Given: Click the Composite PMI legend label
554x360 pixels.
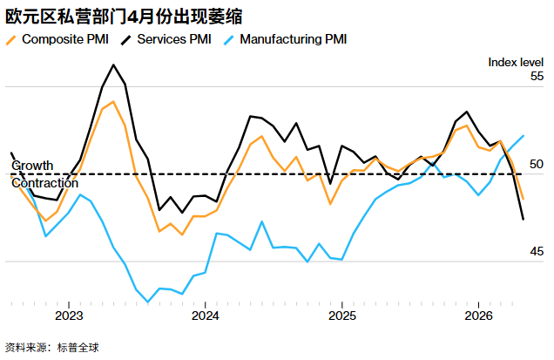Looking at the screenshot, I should pos(65,39).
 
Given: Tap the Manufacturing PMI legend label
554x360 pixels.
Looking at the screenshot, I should pos(293,39).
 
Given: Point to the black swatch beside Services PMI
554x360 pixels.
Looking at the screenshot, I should pos(126,39).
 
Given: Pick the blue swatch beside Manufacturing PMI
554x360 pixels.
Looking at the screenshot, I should pos(228,39).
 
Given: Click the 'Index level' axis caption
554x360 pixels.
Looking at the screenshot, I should pos(516,61).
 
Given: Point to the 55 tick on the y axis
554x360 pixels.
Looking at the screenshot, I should pos(537,76).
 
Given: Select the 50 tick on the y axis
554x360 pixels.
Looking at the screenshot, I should pos(537,164).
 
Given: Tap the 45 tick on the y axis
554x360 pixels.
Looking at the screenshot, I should pos(537,251).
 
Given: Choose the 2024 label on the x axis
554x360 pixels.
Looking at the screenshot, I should pos(205,316).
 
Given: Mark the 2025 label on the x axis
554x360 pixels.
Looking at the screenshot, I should pos(341,316).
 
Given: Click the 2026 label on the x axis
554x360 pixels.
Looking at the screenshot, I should pos(478,316).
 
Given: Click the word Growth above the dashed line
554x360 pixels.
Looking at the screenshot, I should pos(32,166).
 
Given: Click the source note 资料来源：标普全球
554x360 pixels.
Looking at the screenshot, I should pos(52,347).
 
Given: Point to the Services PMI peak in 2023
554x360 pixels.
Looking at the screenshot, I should pos(114,65).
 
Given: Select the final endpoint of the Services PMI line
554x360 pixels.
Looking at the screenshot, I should pos(523,219).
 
